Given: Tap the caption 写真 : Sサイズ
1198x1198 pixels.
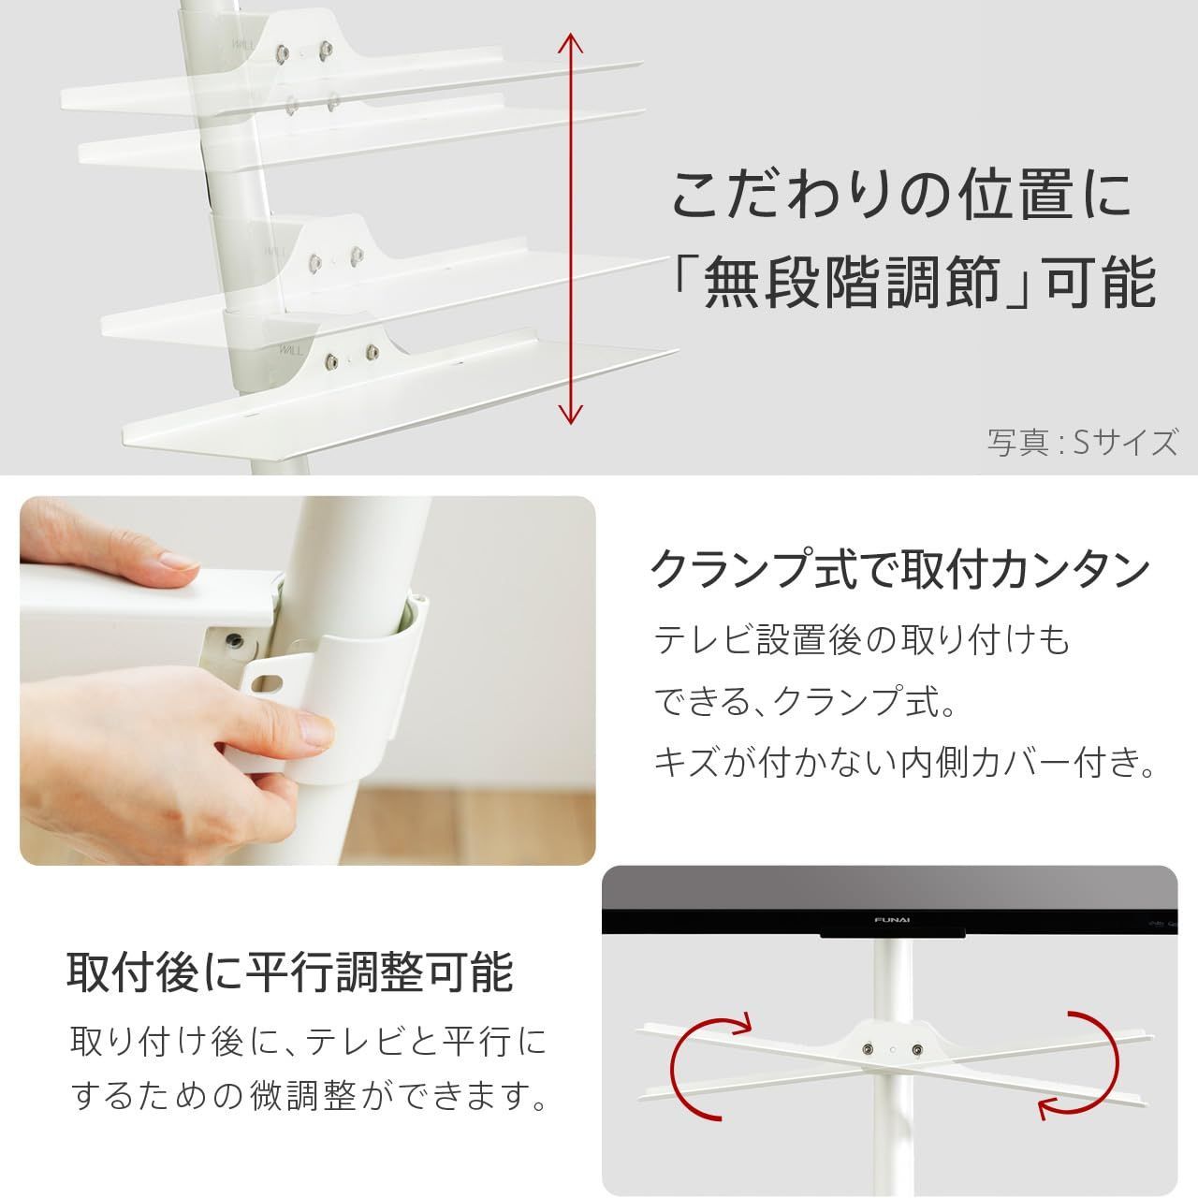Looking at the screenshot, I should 1082,441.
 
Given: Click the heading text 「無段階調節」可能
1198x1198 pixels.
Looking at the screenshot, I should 913,283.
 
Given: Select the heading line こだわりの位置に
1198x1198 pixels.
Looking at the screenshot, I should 901,194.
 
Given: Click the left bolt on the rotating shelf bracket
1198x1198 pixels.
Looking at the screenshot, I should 872,1051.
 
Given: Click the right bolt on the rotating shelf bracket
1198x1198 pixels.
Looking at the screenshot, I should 916,1051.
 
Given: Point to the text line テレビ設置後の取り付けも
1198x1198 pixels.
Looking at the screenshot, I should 861,641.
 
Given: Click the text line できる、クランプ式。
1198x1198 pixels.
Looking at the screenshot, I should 804,702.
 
